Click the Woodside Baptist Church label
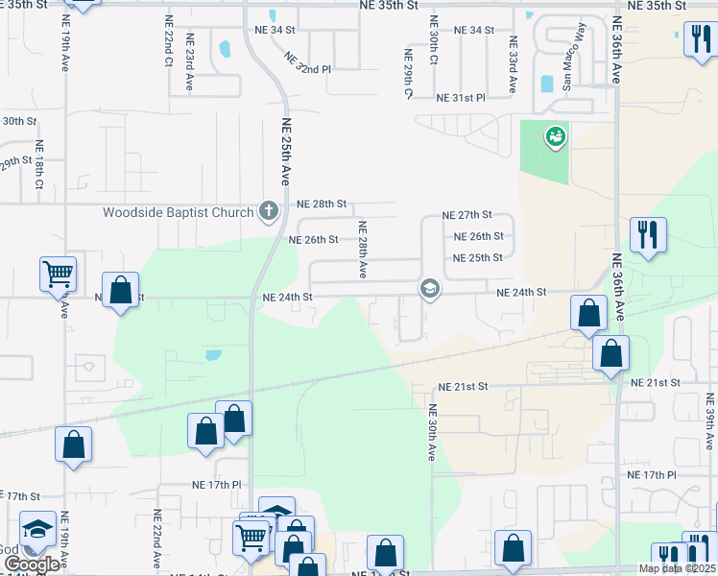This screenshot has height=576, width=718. click(179, 211)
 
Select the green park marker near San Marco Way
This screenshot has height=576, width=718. click(555, 138)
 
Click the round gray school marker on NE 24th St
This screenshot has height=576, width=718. click(429, 289)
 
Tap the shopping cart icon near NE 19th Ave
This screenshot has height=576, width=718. click(58, 274)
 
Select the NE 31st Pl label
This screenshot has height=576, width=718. click(462, 98)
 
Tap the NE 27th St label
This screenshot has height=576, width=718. click(467, 215)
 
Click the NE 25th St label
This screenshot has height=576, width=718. click(478, 258)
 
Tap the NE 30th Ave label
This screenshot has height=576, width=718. click(432, 434)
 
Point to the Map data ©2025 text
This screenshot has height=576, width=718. click(677, 568)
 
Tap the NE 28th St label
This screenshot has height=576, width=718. click(321, 204)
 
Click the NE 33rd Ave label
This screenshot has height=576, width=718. click(513, 64)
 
